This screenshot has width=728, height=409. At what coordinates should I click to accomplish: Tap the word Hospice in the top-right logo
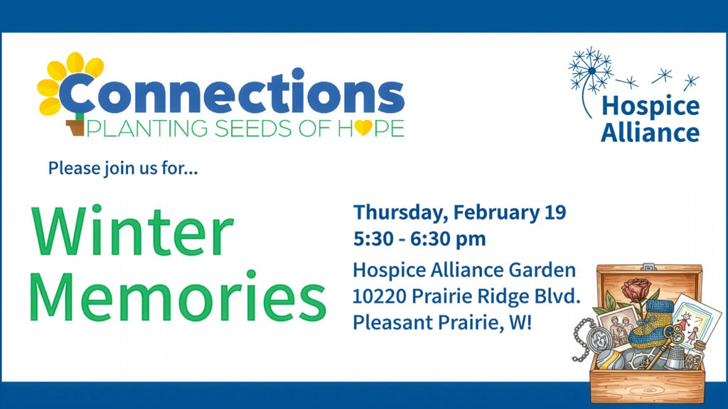tap(650, 107)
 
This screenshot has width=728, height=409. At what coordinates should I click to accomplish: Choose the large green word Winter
tap(132, 232)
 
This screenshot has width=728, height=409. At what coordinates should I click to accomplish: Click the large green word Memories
tap(178, 295)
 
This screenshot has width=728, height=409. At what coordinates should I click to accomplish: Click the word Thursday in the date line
tap(399, 212)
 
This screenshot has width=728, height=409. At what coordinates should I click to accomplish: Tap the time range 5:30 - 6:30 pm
tap(419, 239)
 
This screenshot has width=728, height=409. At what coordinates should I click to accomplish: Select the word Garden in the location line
tap(547, 271)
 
